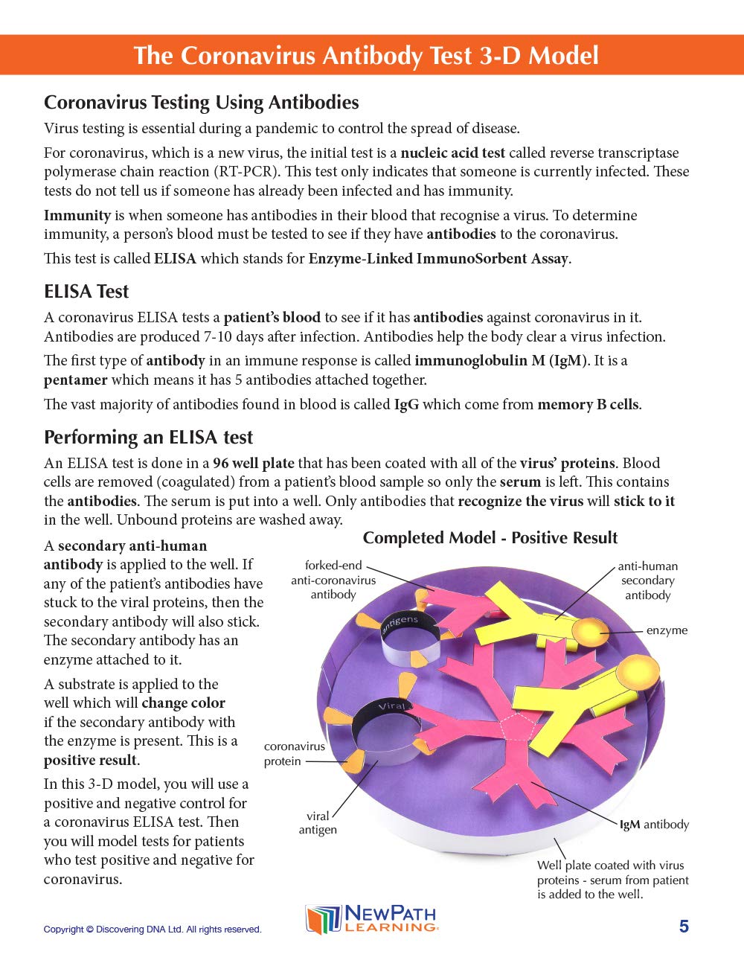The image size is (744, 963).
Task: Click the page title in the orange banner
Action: tap(365, 56)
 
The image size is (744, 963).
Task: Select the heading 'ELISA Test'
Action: tap(86, 291)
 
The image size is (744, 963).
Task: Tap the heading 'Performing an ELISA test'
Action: tap(148, 437)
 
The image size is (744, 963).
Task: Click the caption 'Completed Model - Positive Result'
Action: tap(490, 538)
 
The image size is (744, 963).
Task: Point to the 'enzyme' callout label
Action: tap(667, 630)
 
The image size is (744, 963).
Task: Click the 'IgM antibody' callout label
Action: tap(654, 825)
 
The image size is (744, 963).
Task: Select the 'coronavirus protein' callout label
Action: tap(294, 753)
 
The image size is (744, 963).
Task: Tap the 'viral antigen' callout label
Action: tap(318, 822)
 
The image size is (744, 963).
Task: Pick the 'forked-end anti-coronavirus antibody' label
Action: tap(333, 580)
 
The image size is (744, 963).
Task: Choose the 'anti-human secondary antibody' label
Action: tap(647, 580)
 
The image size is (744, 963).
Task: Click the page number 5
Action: tap(684, 927)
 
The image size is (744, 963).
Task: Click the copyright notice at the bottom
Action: tap(153, 930)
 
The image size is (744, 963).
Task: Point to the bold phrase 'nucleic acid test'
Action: tap(452, 153)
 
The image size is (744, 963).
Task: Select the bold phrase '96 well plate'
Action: tap(253, 463)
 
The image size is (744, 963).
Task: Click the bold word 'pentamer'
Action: tap(75, 380)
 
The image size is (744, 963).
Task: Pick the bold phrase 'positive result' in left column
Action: tap(90, 760)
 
